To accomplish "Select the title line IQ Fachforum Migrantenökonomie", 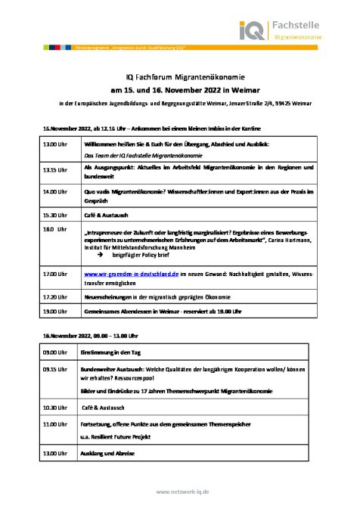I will [x=179, y=76].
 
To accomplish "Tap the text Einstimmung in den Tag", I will [x=111, y=352].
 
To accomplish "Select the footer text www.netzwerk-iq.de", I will [x=179, y=492].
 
